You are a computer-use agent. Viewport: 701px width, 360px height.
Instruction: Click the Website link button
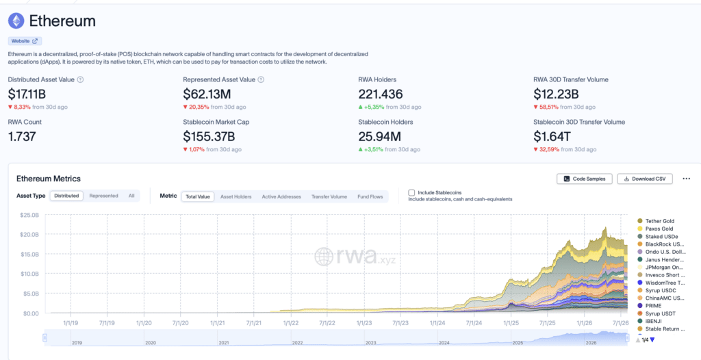click(25, 40)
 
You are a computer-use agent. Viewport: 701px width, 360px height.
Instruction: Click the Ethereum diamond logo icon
click(16, 21)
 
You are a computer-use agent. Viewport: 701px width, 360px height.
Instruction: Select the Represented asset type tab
click(104, 196)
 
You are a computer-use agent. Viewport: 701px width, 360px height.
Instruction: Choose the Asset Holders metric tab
click(236, 196)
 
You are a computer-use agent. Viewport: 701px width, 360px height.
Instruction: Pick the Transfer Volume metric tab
click(329, 196)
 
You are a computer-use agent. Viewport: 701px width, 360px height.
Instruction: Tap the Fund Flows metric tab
click(370, 196)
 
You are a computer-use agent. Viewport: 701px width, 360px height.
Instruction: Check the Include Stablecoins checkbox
click(411, 193)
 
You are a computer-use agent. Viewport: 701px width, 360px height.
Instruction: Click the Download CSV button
click(645, 179)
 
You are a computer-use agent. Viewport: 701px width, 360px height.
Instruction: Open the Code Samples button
click(585, 179)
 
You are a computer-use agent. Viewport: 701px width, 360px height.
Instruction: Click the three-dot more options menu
click(687, 179)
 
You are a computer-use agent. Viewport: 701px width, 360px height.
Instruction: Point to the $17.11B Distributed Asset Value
click(27, 94)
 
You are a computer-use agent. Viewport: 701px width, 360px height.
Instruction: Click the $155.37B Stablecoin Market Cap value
click(209, 136)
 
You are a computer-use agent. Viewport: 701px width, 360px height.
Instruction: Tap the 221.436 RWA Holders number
click(381, 94)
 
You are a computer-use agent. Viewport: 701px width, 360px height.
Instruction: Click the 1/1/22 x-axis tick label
click(290, 322)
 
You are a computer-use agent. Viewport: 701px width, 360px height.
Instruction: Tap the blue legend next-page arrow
click(652, 340)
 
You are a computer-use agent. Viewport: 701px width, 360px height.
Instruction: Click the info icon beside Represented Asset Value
click(261, 79)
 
